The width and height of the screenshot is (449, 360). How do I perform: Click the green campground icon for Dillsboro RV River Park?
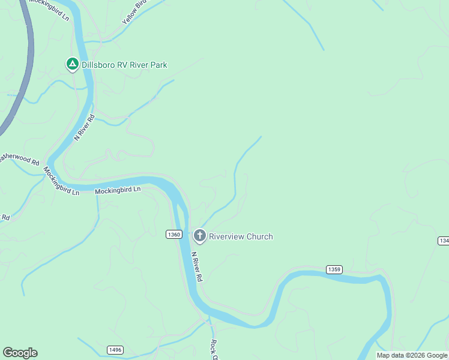pos(72,63)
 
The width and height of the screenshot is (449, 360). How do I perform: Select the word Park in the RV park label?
pos(158,65)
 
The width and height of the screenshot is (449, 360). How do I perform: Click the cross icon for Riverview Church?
pos(199,236)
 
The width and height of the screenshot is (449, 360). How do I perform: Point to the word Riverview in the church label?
pos(228,236)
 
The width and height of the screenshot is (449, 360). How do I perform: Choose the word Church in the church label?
pos(260,236)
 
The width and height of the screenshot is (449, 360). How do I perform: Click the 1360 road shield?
pos(173,235)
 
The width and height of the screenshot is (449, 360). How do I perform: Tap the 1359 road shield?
pos(334,269)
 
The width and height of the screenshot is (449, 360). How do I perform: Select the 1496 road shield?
pos(115,350)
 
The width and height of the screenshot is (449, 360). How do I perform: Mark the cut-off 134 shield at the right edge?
pos(444,241)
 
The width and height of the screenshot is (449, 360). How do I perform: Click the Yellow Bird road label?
pos(134,12)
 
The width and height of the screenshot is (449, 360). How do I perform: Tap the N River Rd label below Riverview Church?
pos(197,267)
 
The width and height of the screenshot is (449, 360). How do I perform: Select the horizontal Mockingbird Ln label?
pos(118,190)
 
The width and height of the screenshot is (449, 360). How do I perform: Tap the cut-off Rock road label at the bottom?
pos(213,349)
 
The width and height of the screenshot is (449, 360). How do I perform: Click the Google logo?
pos(20,353)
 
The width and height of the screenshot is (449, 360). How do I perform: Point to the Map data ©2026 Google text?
pos(412,355)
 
